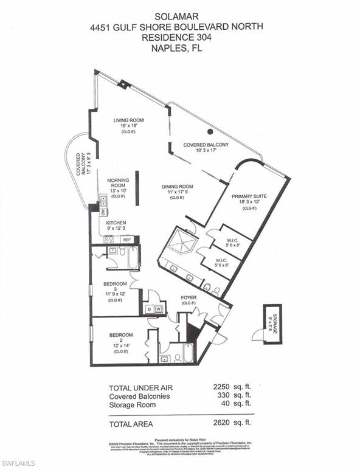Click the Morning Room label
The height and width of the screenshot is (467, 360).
tap(118, 184)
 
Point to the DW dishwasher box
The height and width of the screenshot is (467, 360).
tap(103, 212)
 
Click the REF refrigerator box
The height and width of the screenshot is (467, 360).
tap(127, 240)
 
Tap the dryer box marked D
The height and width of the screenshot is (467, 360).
tap(148, 310)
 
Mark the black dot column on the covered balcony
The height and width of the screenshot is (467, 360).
tap(210, 131)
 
